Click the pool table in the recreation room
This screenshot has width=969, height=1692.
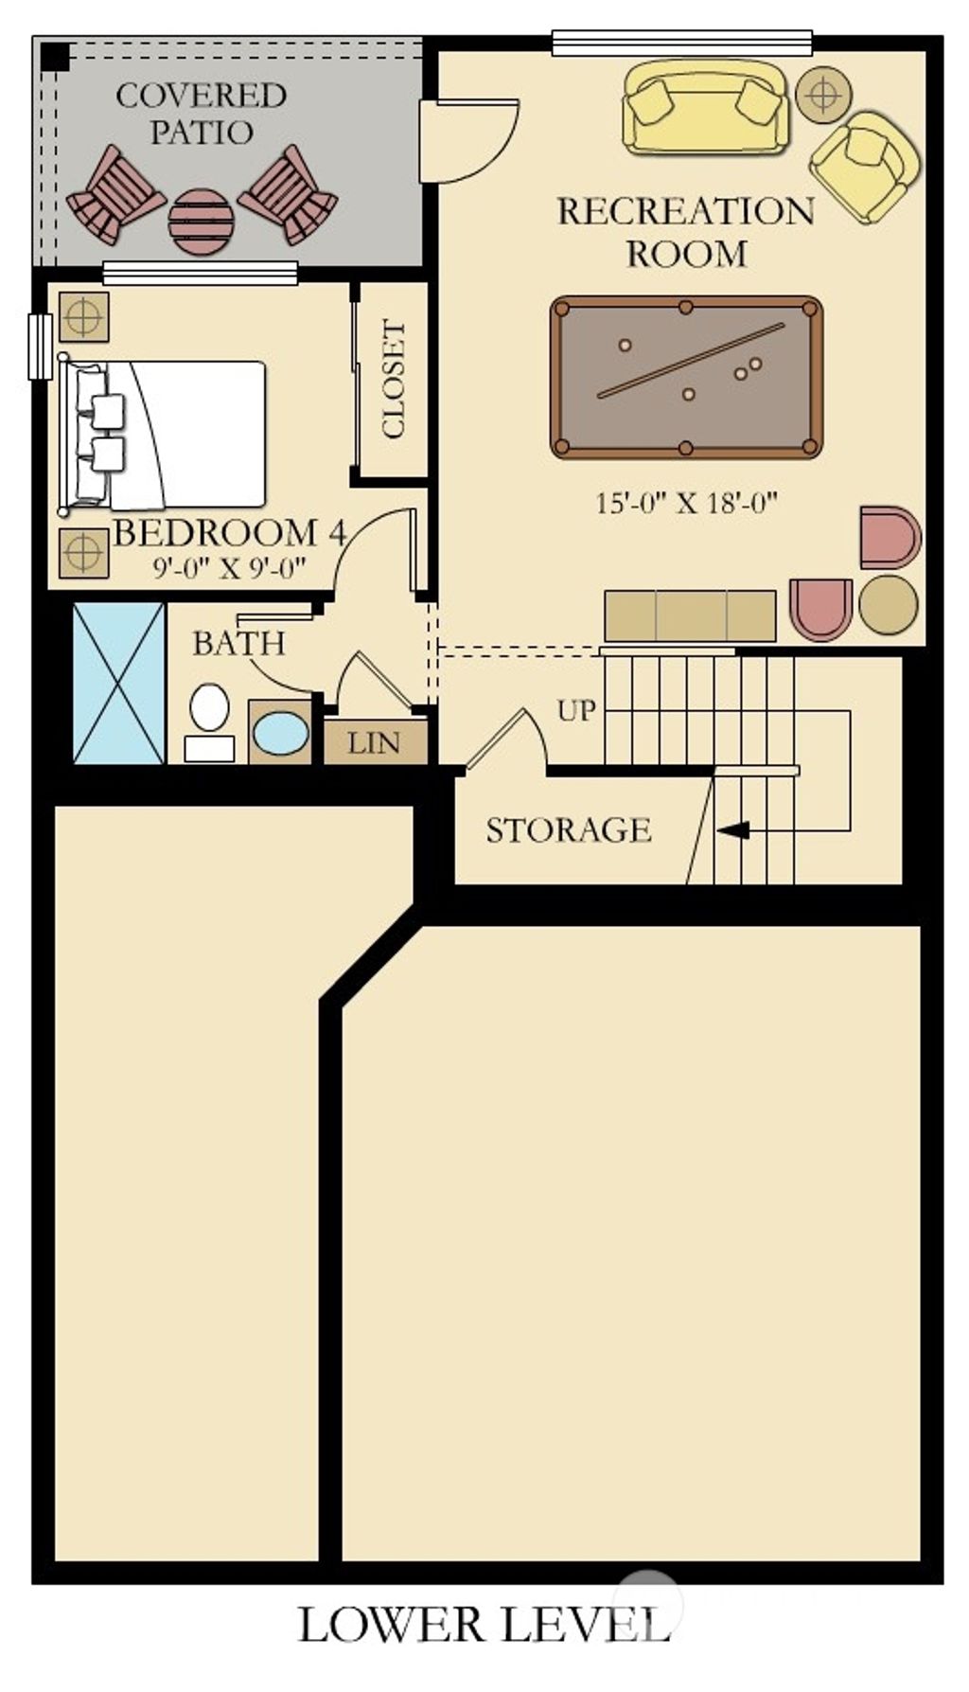(x=686, y=377)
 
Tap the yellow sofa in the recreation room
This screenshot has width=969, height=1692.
(x=705, y=107)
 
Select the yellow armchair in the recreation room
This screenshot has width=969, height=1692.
(x=865, y=167)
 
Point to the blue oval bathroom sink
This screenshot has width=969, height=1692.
(x=281, y=734)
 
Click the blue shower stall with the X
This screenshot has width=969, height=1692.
(x=119, y=683)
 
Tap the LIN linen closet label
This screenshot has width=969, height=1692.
(x=374, y=743)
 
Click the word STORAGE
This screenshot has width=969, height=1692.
(x=569, y=830)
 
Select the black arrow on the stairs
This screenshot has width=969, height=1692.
(x=734, y=830)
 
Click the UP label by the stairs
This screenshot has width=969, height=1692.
(x=576, y=710)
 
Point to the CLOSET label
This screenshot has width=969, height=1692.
(x=394, y=379)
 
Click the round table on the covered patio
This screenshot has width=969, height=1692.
(x=201, y=222)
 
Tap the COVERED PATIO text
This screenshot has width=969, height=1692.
(x=201, y=113)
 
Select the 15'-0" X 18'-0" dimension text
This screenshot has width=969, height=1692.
(x=686, y=502)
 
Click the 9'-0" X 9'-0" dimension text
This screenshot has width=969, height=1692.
(x=230, y=568)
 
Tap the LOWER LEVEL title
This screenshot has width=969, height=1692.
(x=484, y=1625)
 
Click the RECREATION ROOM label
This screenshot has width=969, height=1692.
(x=686, y=232)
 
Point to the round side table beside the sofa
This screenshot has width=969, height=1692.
(x=823, y=95)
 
